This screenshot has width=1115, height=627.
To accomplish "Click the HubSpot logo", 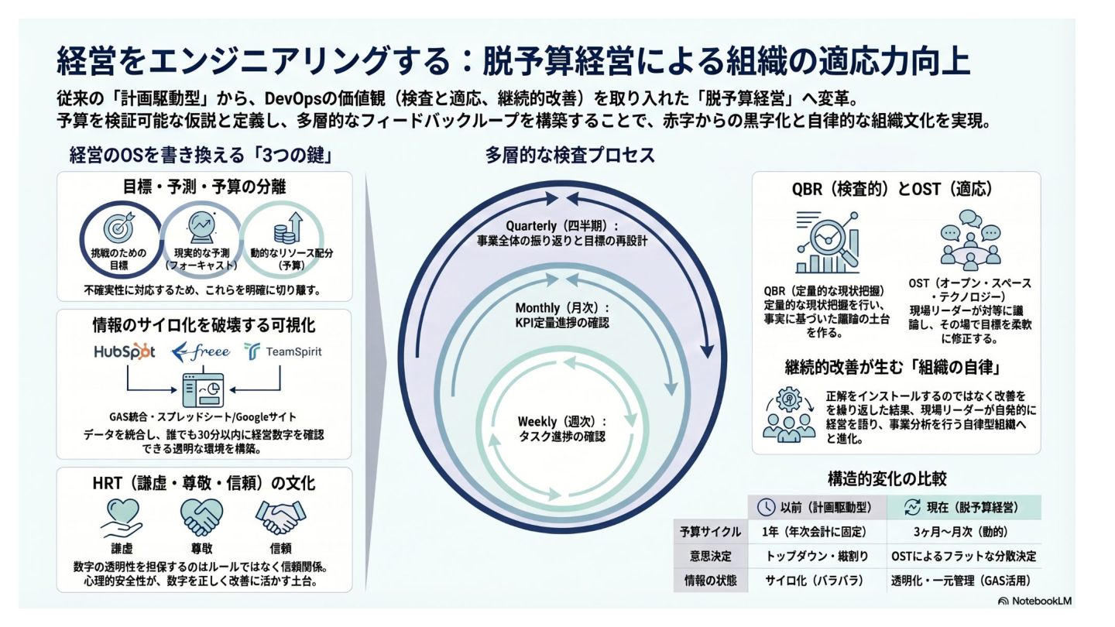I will tap(125, 351).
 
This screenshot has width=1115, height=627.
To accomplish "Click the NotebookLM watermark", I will tap(1035, 601).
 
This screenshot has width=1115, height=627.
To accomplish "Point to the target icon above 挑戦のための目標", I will tap(118, 229).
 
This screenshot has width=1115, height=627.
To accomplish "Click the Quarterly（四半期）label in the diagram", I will tap(562, 225).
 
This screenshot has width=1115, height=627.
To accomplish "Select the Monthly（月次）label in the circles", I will tap(562, 307).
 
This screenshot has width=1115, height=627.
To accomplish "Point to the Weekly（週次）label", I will tap(562, 422).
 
